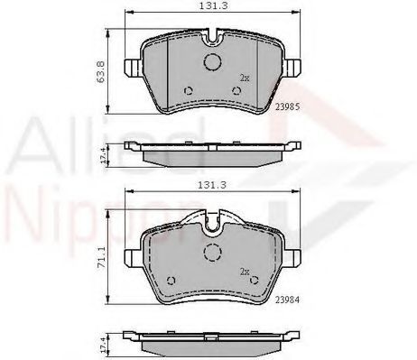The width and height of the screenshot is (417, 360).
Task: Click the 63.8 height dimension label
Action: (101, 71)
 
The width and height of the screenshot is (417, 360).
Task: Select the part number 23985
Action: (288, 106)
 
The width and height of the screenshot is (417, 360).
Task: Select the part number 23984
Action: (288, 300)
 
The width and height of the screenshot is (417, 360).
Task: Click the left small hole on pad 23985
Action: (189, 90)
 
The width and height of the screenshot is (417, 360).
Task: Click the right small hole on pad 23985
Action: (236, 90)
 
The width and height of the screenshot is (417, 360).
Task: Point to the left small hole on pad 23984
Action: (171, 281)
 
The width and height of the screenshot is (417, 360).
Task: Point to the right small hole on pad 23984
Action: (255, 281)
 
